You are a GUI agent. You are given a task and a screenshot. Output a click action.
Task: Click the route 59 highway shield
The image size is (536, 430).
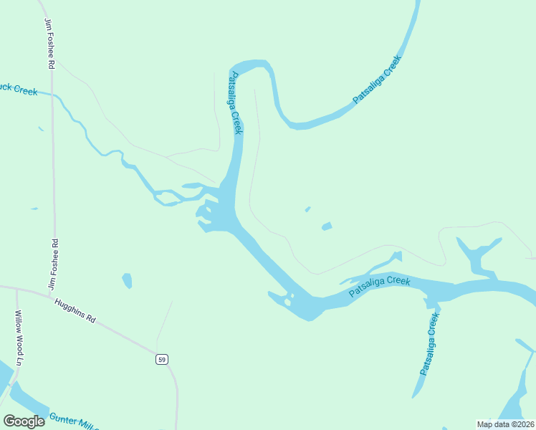click(x=163, y=359)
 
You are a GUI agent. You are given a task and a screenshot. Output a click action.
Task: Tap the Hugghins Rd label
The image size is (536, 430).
click(x=75, y=311)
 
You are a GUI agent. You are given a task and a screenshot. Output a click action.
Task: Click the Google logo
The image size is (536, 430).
click(x=24, y=421)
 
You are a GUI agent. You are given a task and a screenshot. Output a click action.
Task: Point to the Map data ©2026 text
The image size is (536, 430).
click(x=504, y=424)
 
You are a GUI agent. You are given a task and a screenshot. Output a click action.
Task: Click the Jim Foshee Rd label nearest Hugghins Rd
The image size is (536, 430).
click(x=52, y=263)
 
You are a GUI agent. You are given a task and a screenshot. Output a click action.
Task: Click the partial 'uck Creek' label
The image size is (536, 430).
click(x=19, y=89)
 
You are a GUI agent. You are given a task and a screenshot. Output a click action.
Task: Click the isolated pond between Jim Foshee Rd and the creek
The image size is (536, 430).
click(x=127, y=280)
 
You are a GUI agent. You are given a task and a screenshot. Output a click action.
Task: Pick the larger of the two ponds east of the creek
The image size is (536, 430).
click(x=327, y=226)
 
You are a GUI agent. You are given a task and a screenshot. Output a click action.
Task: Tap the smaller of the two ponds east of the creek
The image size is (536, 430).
click(x=308, y=209)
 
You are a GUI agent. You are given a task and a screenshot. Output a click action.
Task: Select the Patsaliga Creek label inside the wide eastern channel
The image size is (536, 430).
click(x=379, y=287)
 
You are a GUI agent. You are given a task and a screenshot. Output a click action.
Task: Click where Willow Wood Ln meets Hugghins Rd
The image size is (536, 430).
click(x=16, y=289)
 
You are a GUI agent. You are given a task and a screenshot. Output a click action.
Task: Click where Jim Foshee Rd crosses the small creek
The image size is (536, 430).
click(x=52, y=93)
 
